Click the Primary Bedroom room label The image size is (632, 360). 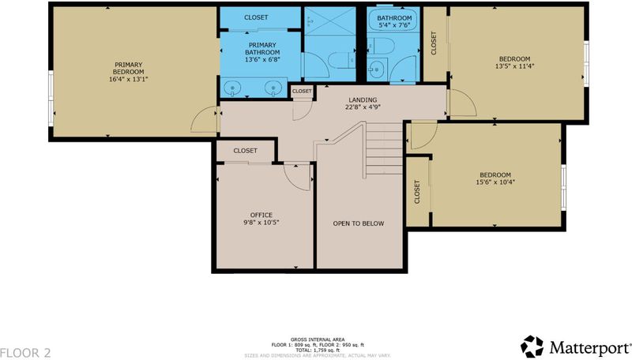[x=128, y=68]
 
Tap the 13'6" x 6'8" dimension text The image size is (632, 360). [x=262, y=59]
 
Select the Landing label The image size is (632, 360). [x=363, y=99]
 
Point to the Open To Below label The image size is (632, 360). [x=359, y=223]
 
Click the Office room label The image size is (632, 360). [x=261, y=215]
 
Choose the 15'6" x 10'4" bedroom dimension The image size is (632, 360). [x=495, y=182]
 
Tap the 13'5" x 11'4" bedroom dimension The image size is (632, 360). [x=515, y=66]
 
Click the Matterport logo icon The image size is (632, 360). [x=532, y=347]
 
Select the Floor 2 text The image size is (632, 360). [x=26, y=353]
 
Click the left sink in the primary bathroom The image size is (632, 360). [x=232, y=88]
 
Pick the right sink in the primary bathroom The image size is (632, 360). [x=273, y=88]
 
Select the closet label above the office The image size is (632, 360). [x=245, y=151]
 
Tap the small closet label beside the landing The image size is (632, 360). [x=302, y=92]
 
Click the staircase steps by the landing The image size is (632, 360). [x=384, y=148]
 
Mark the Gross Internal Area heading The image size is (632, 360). [x=318, y=339]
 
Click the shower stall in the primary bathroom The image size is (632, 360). [x=329, y=21]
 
